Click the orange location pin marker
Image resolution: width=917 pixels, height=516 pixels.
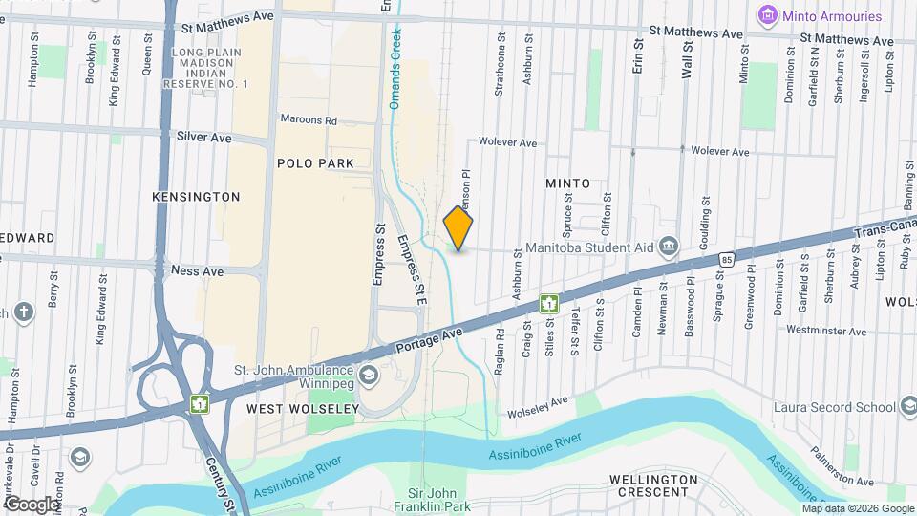(x=458, y=227)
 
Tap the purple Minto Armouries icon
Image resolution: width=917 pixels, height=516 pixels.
(x=765, y=15)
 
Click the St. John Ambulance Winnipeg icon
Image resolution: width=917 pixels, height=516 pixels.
(x=369, y=372)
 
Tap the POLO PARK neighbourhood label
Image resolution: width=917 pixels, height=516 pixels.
(x=314, y=163)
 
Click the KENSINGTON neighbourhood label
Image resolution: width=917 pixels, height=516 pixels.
(x=196, y=196)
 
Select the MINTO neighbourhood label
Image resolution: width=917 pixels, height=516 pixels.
(x=567, y=183)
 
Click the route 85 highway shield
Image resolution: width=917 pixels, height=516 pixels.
(x=728, y=258)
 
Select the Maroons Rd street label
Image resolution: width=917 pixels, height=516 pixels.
(x=309, y=120)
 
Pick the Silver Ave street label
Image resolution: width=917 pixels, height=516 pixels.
(x=203, y=138)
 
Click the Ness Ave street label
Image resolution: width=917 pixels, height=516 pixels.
(x=197, y=271)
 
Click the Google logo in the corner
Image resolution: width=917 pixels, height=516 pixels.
(x=32, y=504)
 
